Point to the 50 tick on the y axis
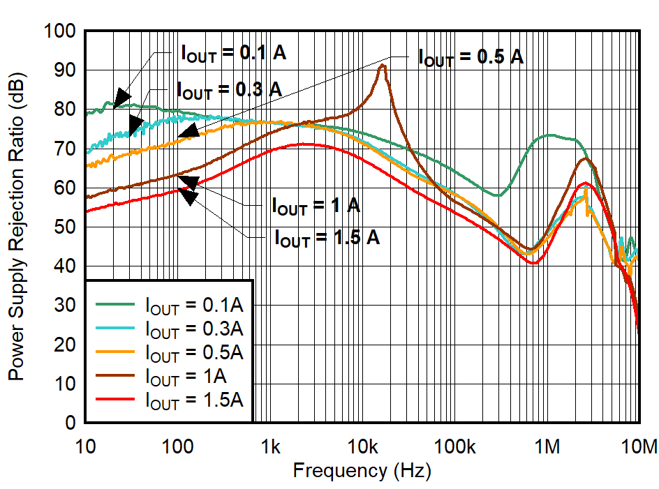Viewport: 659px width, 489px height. (64, 227)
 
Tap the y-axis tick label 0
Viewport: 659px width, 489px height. (69, 423)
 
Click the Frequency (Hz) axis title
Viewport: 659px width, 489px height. (362, 471)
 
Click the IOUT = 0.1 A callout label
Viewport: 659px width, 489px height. (233, 53)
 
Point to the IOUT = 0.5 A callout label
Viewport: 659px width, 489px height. (471, 57)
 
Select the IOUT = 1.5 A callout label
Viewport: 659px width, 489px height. (327, 237)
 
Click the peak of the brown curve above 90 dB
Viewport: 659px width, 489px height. (382, 66)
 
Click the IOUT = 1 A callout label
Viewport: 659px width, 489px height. (316, 206)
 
